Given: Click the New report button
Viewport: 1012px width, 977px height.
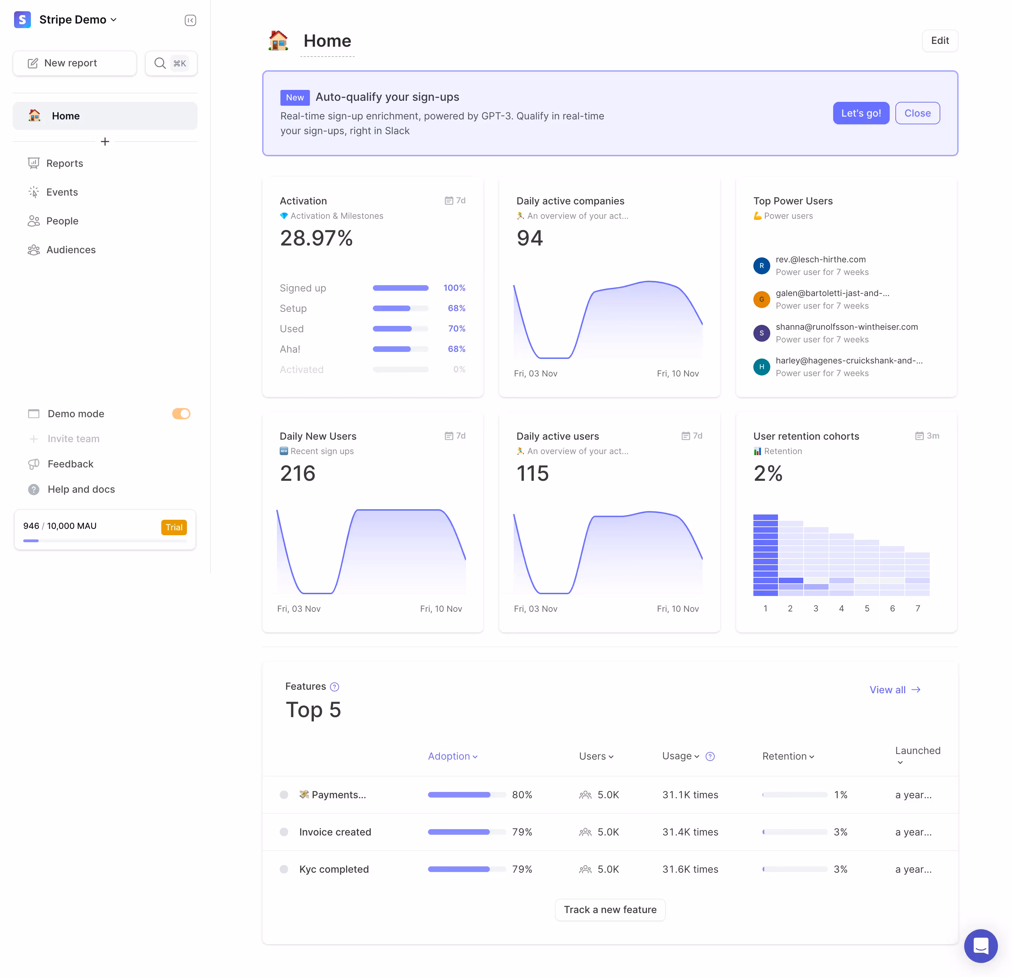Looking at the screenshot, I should click(x=74, y=63).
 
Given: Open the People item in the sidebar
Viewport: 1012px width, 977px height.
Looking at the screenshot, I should click(x=62, y=221).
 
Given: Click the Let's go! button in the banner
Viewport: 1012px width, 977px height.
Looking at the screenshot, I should click(x=860, y=113).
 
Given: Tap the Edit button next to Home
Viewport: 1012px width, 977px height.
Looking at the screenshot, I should click(x=939, y=41).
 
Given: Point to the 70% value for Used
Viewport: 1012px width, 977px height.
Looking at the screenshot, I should click(x=456, y=329).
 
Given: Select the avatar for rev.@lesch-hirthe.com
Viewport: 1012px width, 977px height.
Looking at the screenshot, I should click(x=761, y=266).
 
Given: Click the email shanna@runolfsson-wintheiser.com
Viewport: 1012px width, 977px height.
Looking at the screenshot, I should click(x=846, y=327).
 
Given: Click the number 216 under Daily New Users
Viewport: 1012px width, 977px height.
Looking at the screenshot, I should click(x=297, y=473).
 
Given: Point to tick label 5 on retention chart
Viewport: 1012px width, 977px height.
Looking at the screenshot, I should click(x=867, y=609).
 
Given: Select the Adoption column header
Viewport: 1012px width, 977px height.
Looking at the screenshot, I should click(x=452, y=756).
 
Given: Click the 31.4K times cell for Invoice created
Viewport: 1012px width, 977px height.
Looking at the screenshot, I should click(x=690, y=832).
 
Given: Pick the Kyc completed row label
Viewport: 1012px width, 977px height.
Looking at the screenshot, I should click(x=333, y=869).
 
